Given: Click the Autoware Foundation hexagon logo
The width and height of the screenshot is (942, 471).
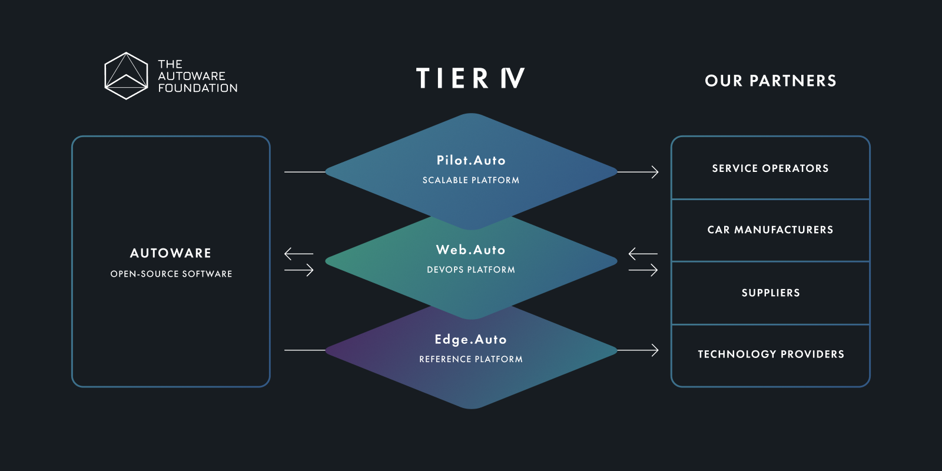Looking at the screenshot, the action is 126,76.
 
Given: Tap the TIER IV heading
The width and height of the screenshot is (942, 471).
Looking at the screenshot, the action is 470,78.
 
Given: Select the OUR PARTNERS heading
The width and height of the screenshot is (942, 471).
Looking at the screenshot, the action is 771,81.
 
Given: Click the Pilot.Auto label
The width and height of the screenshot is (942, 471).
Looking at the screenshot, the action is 471,160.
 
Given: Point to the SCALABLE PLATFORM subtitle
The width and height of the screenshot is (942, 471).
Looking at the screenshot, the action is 471,180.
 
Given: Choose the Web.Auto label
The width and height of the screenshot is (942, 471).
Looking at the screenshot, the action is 471,250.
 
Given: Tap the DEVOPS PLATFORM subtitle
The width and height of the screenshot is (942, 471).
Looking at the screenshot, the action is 471,270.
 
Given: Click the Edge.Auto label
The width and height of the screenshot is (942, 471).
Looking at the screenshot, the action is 471,339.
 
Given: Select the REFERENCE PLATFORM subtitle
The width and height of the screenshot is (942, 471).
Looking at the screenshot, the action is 471,359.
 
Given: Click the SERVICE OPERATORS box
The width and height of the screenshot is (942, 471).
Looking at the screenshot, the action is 771,168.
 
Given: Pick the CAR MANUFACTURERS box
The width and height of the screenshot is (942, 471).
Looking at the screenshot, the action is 771,230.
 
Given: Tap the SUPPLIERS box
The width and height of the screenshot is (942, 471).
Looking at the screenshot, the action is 771,293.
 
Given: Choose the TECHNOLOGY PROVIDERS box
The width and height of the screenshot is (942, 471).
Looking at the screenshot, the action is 771,355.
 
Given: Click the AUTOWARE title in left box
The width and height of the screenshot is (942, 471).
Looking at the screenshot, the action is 171,253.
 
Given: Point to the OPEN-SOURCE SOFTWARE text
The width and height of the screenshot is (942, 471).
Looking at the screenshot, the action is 171,274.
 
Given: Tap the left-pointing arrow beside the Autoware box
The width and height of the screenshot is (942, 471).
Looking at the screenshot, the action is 298,254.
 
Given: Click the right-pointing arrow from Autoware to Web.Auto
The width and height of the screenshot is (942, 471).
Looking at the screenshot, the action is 299,270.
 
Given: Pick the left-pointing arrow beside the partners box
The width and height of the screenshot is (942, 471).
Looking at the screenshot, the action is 643,254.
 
